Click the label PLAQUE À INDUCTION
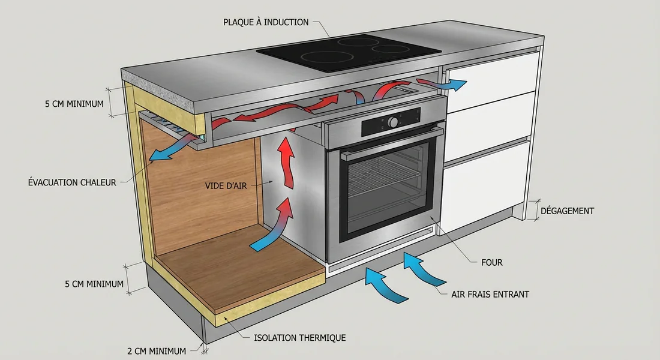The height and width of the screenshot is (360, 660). point(266,22)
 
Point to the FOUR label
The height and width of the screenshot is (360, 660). point(491,262)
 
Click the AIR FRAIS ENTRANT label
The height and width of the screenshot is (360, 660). point(490,294)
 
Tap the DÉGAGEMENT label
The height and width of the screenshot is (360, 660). point(567,211)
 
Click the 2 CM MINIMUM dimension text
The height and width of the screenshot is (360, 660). point(158,350)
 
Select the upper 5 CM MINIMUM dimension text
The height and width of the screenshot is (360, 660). point(74,104)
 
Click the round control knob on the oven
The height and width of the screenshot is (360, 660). point(394,122)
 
